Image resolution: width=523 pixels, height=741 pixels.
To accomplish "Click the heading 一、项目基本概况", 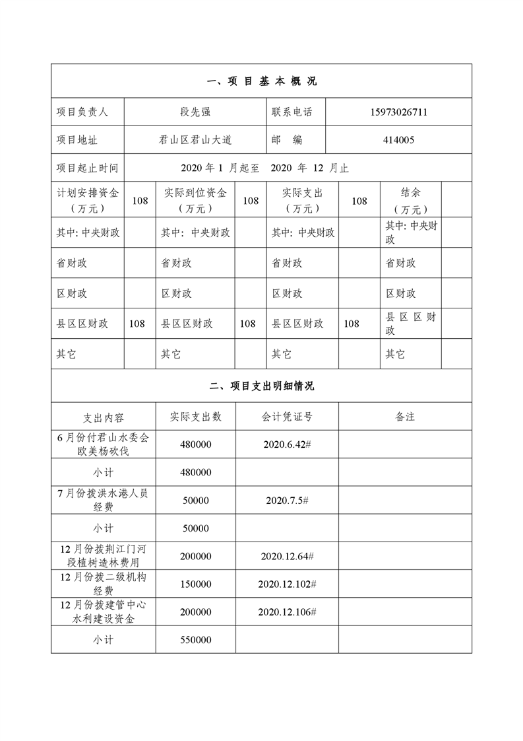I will point(261,81).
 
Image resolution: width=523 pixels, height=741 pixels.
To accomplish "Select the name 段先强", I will point(196,112).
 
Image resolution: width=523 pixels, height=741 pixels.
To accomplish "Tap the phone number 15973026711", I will point(398,112).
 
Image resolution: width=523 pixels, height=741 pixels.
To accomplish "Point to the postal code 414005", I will point(398,140).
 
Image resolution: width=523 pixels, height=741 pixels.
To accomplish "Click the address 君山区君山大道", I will point(196,140).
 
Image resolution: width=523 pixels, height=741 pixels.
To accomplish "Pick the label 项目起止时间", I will point(87,168).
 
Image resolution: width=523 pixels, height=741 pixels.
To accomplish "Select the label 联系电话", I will point(292,112).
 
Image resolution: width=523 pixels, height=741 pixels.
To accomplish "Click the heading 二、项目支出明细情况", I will point(261,386).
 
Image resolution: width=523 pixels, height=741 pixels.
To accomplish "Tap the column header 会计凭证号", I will point(286,417).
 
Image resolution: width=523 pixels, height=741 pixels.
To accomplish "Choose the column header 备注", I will point(405,417).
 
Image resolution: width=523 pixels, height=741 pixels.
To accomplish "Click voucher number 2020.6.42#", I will point(286,444).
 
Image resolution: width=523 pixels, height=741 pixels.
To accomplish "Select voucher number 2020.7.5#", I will point(286,501).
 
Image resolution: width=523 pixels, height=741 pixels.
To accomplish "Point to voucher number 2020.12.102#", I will point(287,584).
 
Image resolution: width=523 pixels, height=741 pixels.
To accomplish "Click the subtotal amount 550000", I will point(195,640).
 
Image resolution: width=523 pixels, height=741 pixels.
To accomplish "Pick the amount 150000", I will point(195,584).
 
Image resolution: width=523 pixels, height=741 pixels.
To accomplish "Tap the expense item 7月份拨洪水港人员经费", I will point(104,501).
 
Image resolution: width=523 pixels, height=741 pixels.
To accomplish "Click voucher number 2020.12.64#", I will point(287,557).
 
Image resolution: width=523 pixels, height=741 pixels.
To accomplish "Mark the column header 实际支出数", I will point(195,417).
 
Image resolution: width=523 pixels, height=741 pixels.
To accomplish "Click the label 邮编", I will point(287,140).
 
